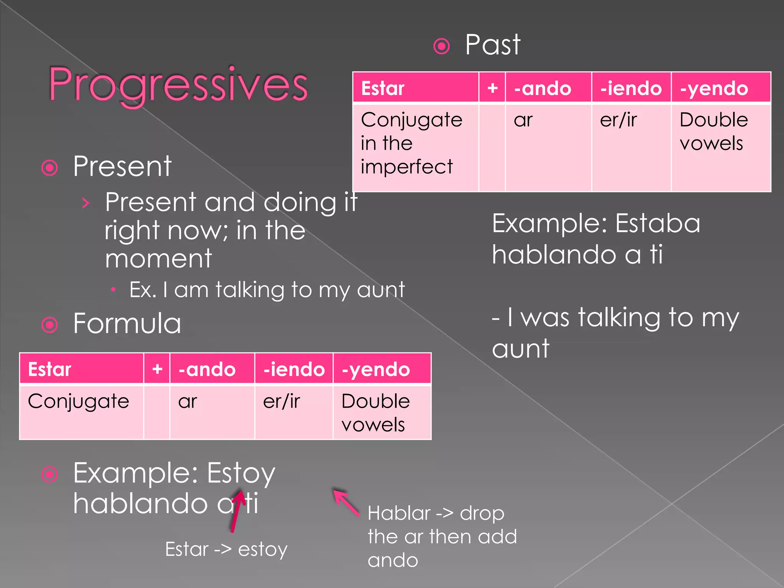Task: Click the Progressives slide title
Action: [x=178, y=85]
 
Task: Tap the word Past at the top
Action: [x=492, y=45]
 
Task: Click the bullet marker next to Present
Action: [x=50, y=168]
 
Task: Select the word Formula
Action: [x=127, y=324]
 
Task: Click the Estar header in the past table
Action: [x=383, y=88]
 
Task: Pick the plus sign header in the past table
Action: [x=492, y=88]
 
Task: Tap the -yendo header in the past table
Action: [x=714, y=88]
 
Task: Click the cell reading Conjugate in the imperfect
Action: [x=412, y=143]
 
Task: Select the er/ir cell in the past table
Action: [x=618, y=120]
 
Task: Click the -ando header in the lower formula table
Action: [x=207, y=369]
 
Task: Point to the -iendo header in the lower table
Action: [x=294, y=369]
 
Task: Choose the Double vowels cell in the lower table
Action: [x=375, y=413]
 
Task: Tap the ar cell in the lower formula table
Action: [x=188, y=402]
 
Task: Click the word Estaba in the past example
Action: [x=658, y=224]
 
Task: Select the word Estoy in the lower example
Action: [x=241, y=474]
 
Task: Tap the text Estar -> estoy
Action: [x=226, y=549]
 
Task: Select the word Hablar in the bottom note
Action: [x=399, y=513]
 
